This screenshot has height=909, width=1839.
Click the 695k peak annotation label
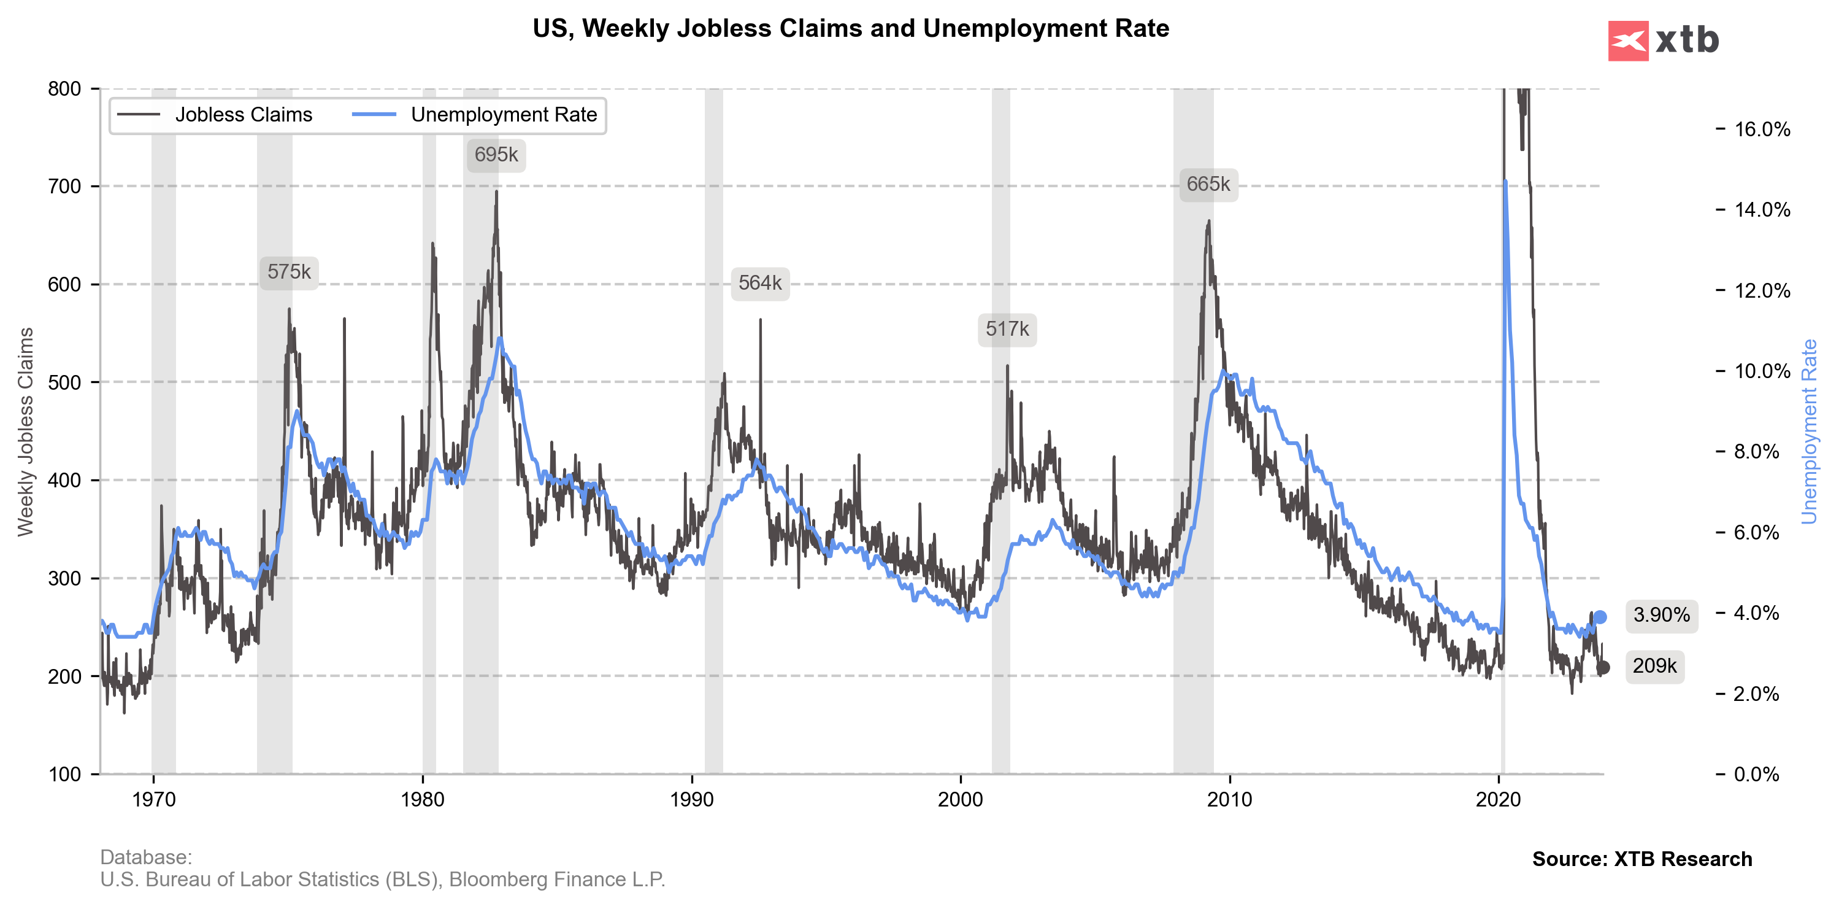coord(496,155)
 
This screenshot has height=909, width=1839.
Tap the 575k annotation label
coord(289,272)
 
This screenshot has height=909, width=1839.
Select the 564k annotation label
coord(759,284)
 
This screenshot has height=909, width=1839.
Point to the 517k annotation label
coord(1007,329)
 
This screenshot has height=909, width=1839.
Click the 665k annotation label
coord(1208,184)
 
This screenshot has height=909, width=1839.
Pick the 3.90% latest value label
coord(1661,615)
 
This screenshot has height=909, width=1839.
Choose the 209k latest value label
coord(1654,666)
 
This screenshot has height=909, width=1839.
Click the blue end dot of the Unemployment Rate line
coord(1600,617)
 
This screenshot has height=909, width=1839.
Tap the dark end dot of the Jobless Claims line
coord(1603,668)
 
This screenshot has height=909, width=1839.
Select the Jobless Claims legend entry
coord(215,115)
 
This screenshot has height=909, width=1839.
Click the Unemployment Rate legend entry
coord(475,115)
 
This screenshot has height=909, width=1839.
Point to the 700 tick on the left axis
coord(65,187)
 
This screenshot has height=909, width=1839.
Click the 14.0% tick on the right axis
coord(1762,210)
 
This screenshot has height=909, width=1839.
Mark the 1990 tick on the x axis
coord(692,799)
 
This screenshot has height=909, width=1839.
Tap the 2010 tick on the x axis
coord(1229,799)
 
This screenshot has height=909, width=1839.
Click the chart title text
coord(850,29)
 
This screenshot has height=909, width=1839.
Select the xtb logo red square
coord(1628,41)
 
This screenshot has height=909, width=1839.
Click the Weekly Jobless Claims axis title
coord(26,431)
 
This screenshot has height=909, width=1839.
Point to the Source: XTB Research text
coord(1641,859)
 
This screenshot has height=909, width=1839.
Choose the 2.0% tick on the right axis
coord(1756,694)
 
